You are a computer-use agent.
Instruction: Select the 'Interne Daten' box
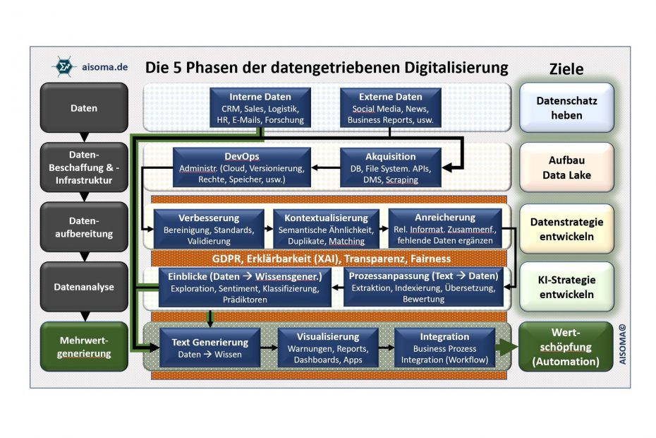260,107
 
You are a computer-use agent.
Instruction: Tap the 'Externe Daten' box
390,107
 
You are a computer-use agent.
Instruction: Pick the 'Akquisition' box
390,167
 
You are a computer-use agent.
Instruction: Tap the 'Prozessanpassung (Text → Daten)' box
423,286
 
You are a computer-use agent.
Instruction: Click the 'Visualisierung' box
327,347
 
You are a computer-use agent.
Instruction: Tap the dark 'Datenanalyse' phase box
84,287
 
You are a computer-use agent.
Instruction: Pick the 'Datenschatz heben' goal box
566,107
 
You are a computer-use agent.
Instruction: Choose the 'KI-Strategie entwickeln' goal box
566,287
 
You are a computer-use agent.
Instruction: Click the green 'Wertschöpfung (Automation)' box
566,346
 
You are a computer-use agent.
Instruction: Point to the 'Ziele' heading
566,69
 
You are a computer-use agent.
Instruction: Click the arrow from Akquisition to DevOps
326,168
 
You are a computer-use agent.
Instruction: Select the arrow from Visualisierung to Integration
386,347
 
